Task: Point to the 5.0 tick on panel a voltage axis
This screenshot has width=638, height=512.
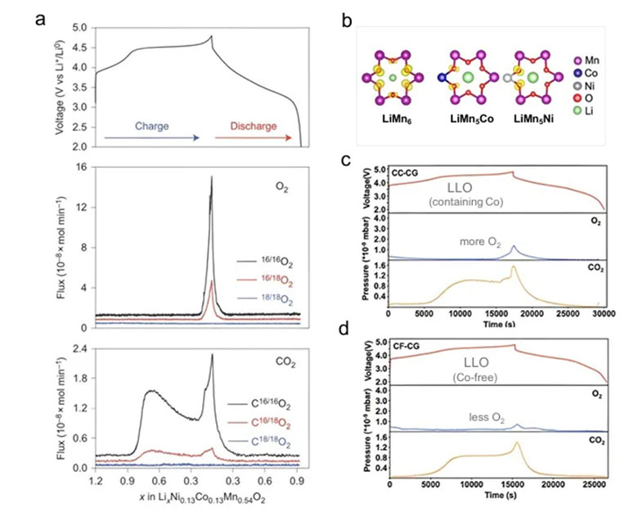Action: (81, 28)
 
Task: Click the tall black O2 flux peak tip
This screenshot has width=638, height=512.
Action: (212, 177)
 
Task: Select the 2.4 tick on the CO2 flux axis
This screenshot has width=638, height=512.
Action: (81, 349)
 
